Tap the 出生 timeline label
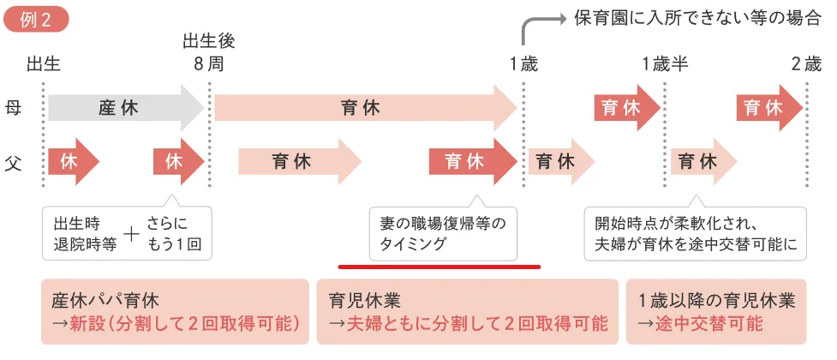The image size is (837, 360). [44, 64]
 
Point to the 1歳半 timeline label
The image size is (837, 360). [665, 64]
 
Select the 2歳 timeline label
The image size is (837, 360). [806, 64]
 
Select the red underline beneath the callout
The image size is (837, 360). [439, 267]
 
